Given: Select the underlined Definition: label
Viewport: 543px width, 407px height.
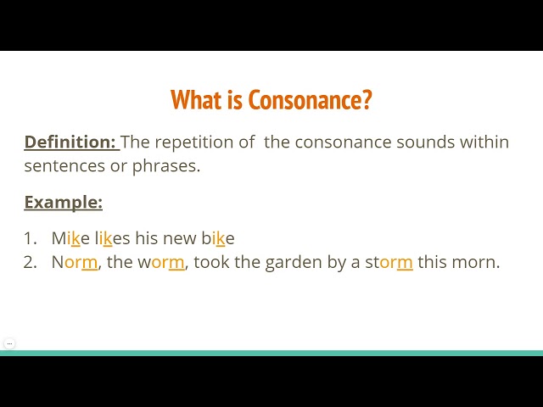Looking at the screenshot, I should point(70,142).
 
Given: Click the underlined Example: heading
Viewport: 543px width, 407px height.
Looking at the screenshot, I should point(63,202).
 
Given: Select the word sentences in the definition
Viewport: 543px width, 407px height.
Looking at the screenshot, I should point(63,165).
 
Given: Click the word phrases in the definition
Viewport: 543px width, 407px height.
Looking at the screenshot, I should point(166,165).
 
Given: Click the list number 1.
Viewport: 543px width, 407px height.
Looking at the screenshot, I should point(29,238).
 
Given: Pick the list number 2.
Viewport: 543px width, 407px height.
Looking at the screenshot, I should point(30,262).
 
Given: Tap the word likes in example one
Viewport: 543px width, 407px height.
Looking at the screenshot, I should point(112,238).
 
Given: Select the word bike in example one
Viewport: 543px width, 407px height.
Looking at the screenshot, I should point(218,238).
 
